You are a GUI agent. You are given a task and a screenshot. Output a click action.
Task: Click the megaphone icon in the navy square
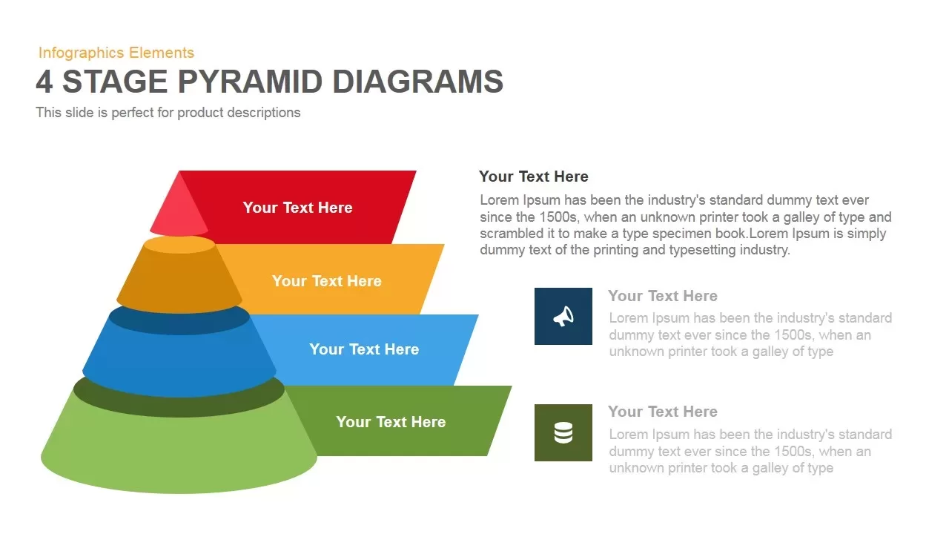(563, 317)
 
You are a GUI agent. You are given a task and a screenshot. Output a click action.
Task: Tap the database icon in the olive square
(563, 432)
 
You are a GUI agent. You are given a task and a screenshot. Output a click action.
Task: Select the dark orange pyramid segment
(179, 275)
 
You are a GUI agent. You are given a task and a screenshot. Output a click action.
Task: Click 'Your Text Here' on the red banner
(297, 208)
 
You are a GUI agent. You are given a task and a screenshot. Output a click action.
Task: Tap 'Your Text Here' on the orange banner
(327, 281)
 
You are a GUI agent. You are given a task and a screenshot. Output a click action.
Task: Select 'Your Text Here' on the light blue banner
(364, 349)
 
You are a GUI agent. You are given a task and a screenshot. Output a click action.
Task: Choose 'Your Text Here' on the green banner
(391, 422)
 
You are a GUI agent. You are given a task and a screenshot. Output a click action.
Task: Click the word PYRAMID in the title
(250, 82)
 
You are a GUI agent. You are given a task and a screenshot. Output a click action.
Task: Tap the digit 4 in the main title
(44, 82)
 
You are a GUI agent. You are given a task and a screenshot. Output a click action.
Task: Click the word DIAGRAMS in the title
(417, 82)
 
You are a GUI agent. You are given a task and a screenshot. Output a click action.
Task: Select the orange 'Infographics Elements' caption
(116, 53)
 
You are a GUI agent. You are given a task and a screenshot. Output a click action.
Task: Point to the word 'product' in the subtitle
(200, 113)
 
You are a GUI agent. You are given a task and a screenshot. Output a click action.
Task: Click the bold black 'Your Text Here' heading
(534, 177)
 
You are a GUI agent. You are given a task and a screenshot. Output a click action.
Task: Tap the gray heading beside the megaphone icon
(663, 296)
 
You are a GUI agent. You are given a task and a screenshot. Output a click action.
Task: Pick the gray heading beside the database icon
(663, 412)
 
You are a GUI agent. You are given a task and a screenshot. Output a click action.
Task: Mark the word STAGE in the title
(115, 82)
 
